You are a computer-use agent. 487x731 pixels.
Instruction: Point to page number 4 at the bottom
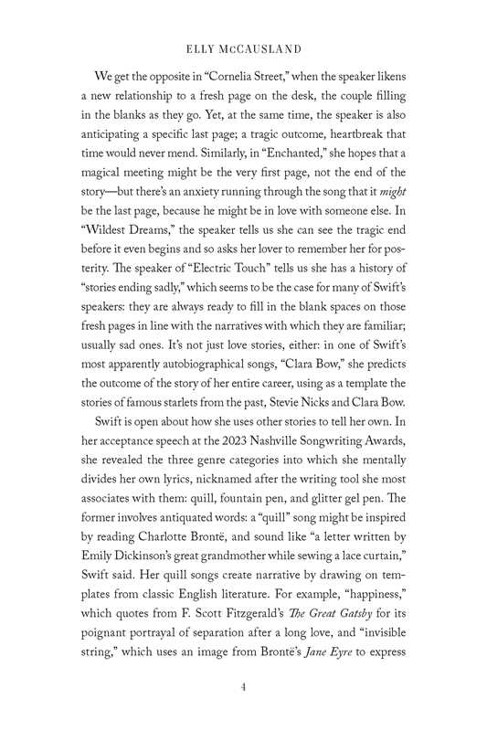point(244,688)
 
